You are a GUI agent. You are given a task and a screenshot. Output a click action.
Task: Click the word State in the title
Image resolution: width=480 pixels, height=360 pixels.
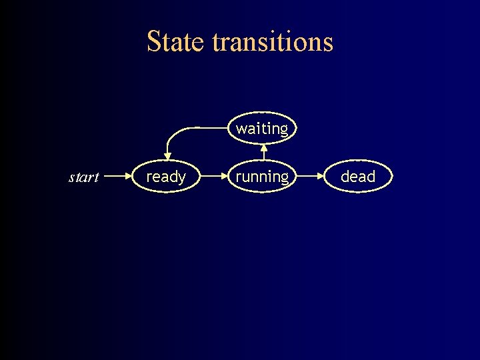coord(176,41)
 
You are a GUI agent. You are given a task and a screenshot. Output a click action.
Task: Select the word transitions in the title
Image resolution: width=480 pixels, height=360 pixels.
coord(272,41)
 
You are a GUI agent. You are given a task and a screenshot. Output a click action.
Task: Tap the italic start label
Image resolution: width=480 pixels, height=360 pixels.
coord(84,177)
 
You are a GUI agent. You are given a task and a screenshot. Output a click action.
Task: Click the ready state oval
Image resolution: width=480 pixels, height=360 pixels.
coord(166,177)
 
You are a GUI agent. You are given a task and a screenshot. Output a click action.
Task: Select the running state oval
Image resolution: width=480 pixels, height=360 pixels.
coord(262,177)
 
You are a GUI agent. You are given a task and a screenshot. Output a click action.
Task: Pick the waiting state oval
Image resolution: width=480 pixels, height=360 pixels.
coord(262,128)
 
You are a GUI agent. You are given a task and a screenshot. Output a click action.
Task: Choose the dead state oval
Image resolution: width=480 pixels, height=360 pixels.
coord(358,177)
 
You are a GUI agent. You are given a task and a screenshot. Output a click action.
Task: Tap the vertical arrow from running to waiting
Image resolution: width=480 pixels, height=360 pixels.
coord(263,152)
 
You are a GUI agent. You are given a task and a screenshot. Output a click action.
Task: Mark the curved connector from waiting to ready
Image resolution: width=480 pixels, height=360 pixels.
coord(183,129)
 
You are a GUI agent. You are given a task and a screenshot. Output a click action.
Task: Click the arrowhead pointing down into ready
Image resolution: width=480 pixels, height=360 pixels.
coord(167,156)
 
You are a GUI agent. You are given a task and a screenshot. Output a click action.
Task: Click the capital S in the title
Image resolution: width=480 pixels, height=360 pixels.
coord(153,41)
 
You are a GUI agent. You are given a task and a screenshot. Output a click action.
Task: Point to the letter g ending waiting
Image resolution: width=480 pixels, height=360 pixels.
coord(283,130)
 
